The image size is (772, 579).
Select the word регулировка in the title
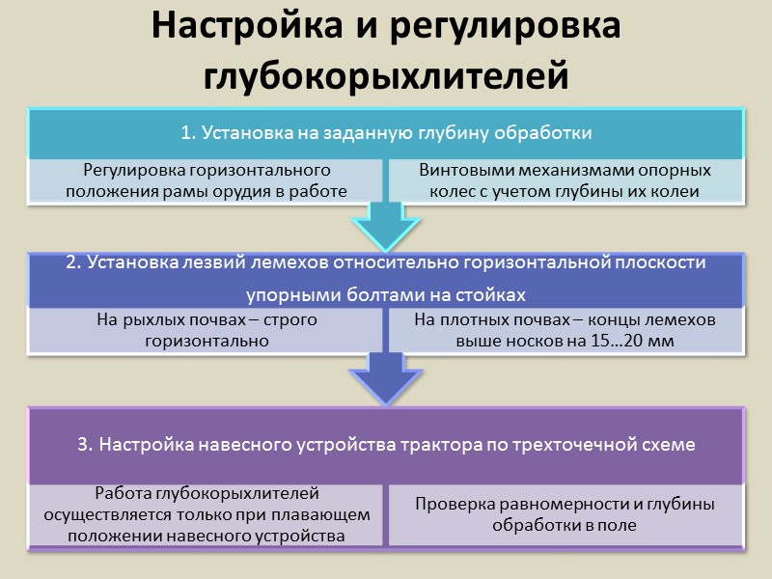[x=503, y=27]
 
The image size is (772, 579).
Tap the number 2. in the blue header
[x=74, y=262]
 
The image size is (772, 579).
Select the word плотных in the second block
[x=467, y=319]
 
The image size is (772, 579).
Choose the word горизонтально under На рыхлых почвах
[x=207, y=340]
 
